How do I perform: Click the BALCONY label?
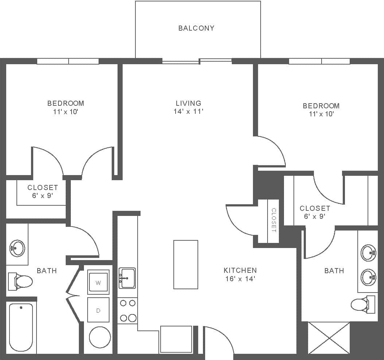click(x=196, y=28)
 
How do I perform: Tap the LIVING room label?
click(x=188, y=103)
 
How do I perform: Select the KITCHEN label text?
click(x=240, y=270)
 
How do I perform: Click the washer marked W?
click(x=98, y=282)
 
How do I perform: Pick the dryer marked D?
click(x=98, y=310)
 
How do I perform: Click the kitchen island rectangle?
click(x=185, y=264)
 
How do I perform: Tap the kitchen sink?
click(x=127, y=278)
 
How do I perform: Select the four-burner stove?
click(x=127, y=310)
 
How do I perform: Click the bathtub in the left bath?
click(x=21, y=327)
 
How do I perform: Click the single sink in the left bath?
click(x=17, y=248)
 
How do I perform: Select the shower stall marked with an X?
click(x=329, y=338)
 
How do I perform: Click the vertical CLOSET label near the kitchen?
click(x=274, y=220)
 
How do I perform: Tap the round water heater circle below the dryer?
click(x=100, y=337)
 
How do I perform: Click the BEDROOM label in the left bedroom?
click(x=66, y=103)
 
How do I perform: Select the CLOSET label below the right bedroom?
click(x=315, y=208)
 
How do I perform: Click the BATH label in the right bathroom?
click(x=334, y=271)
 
